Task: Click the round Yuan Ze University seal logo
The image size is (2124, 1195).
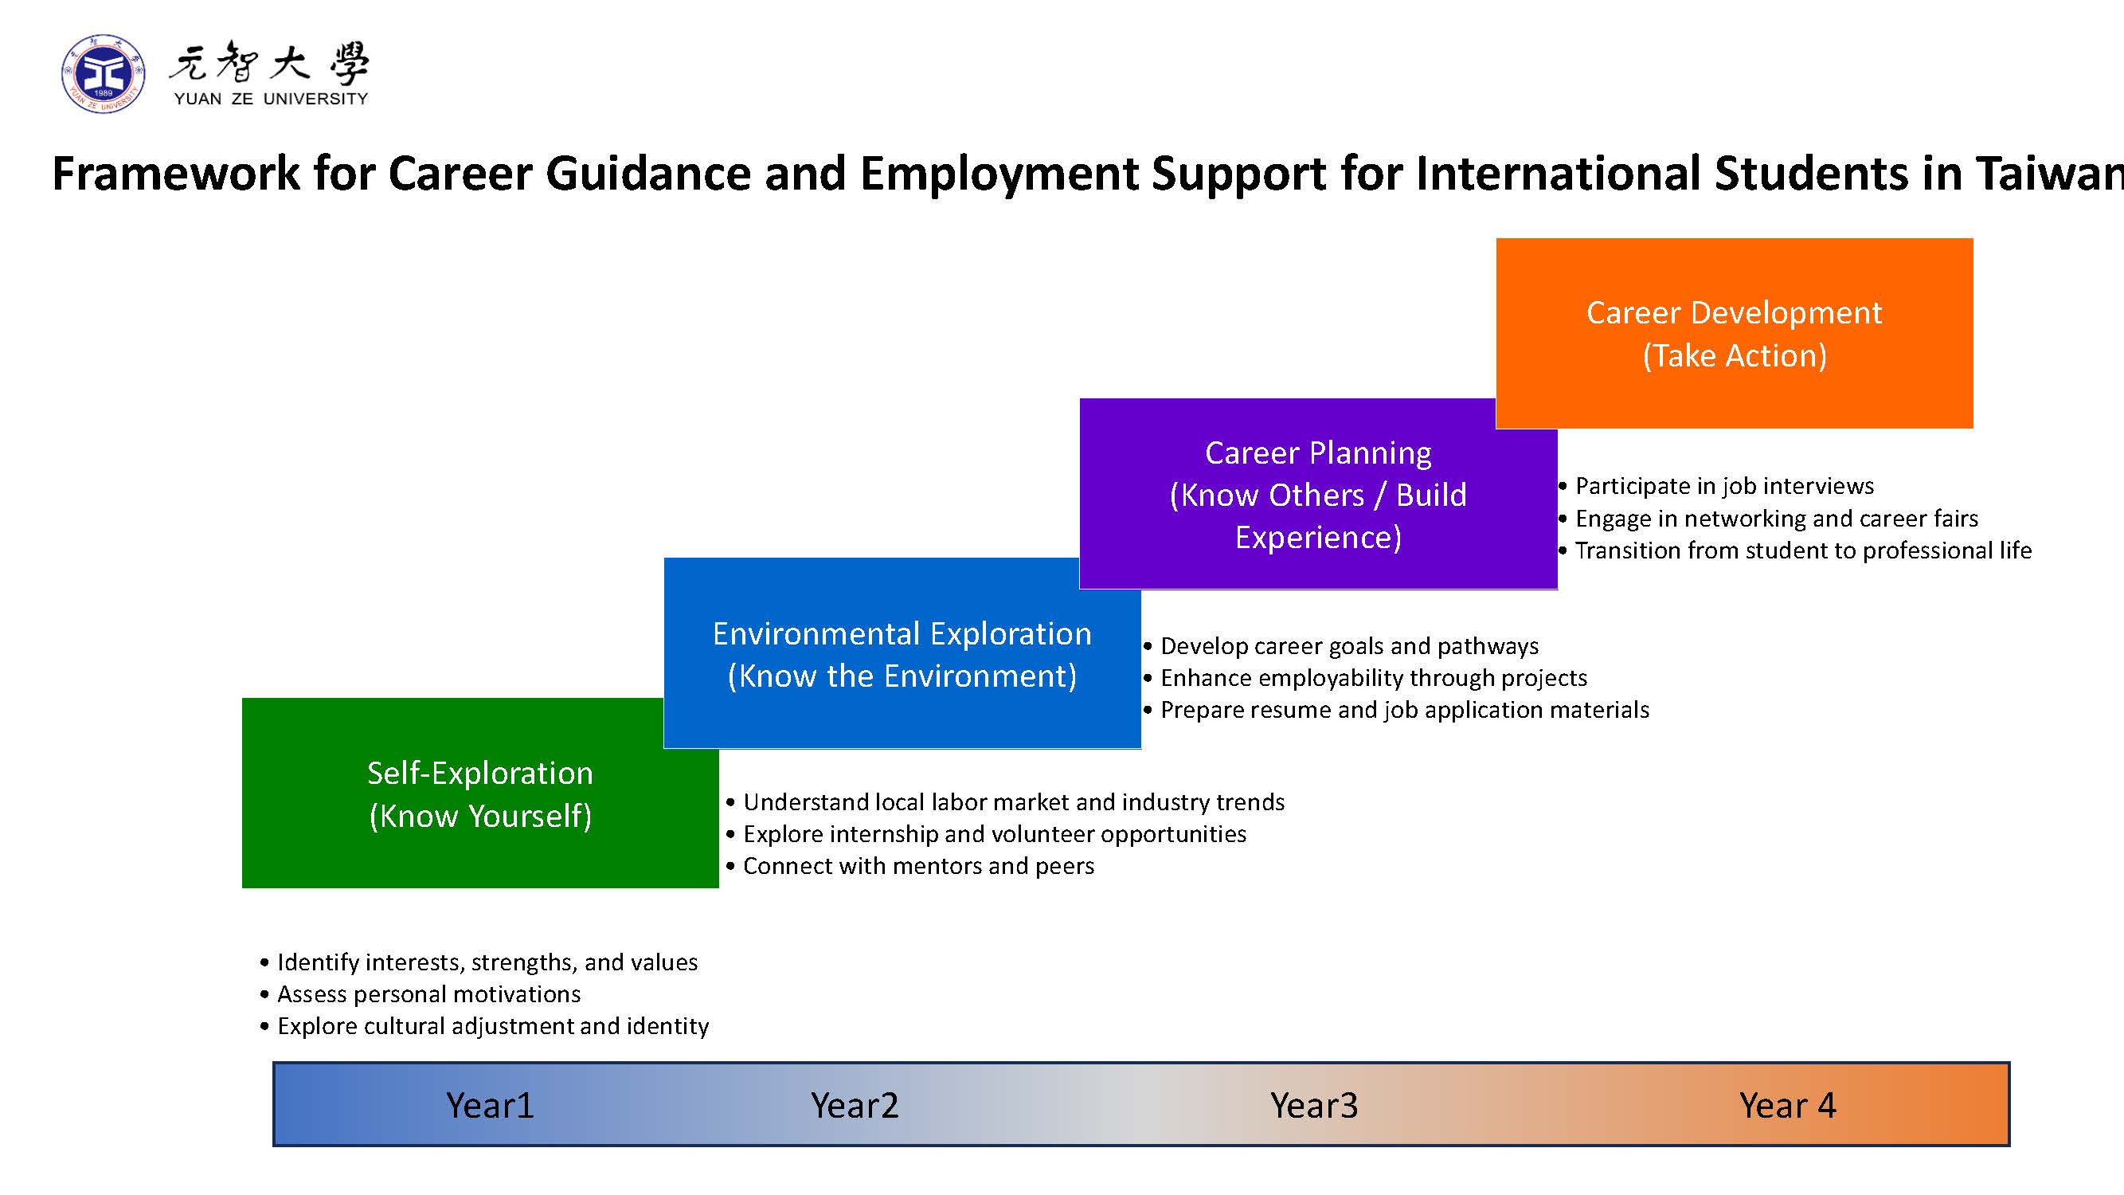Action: [x=104, y=74]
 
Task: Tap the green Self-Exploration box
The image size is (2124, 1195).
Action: [x=480, y=793]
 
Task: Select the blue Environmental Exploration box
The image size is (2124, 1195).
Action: [x=902, y=653]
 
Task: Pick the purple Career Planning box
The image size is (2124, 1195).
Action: [x=1317, y=493]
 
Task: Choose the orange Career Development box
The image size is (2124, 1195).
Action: [x=1734, y=333]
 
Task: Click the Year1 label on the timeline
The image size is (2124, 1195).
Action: [x=490, y=1105]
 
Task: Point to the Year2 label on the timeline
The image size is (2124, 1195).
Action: [x=855, y=1105]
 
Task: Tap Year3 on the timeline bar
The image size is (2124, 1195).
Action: [x=1313, y=1105]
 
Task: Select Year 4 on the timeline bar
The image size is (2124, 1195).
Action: [x=1788, y=1105]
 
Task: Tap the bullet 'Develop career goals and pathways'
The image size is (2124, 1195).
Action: [x=1341, y=646]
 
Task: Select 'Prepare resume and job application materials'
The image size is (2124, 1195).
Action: [x=1397, y=710]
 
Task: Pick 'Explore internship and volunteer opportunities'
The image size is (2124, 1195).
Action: [x=986, y=834]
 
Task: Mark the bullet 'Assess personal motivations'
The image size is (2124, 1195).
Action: [x=420, y=993]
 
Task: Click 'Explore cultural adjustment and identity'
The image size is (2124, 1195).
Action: [x=485, y=1026]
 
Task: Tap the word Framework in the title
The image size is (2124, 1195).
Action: [x=177, y=173]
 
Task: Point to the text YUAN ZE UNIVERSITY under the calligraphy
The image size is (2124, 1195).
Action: [x=272, y=99]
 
